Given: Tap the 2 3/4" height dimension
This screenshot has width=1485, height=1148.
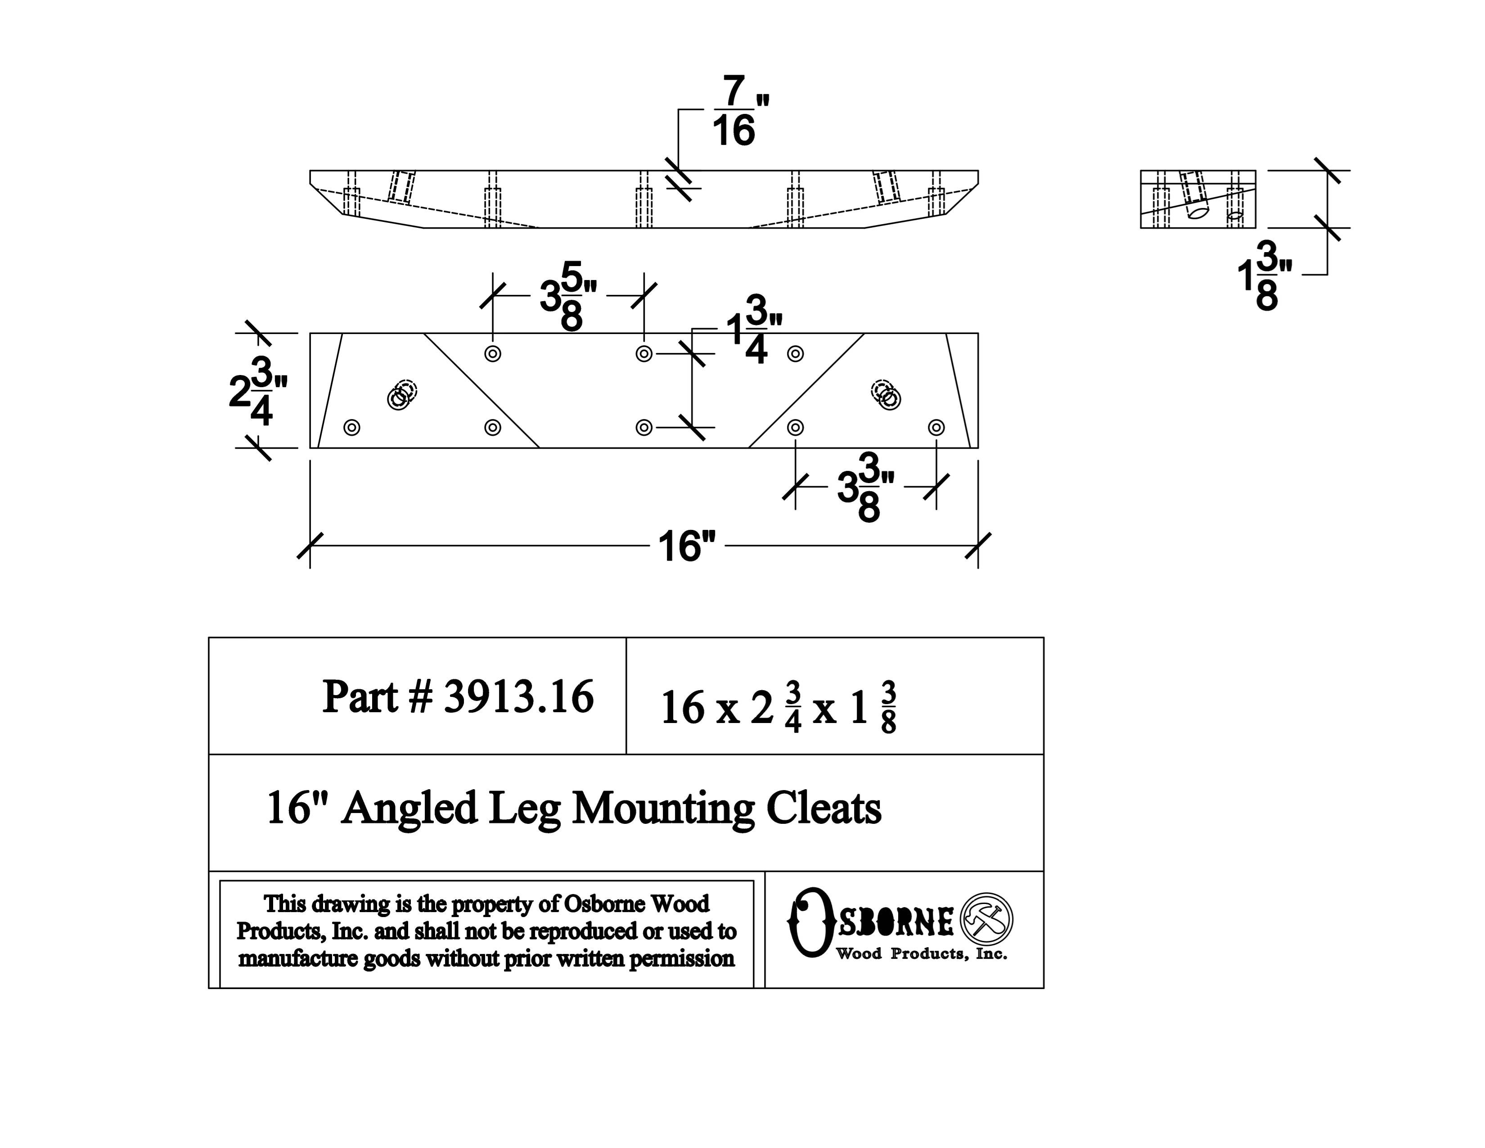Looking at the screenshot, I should (257, 393).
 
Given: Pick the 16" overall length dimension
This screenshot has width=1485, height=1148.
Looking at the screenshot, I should (687, 546).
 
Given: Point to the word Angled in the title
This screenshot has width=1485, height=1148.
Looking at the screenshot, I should (409, 810).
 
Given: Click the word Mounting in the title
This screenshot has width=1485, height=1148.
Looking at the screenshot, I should (663, 810).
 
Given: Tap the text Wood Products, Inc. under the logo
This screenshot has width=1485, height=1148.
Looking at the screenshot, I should (921, 954).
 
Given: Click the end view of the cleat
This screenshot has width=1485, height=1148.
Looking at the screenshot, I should (1197, 199).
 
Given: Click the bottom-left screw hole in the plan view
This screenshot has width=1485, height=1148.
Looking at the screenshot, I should (351, 428).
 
